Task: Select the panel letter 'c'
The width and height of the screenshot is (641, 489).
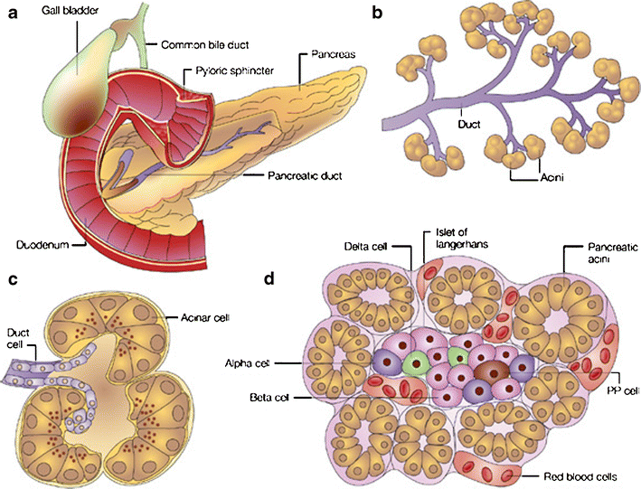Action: click(13, 277)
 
